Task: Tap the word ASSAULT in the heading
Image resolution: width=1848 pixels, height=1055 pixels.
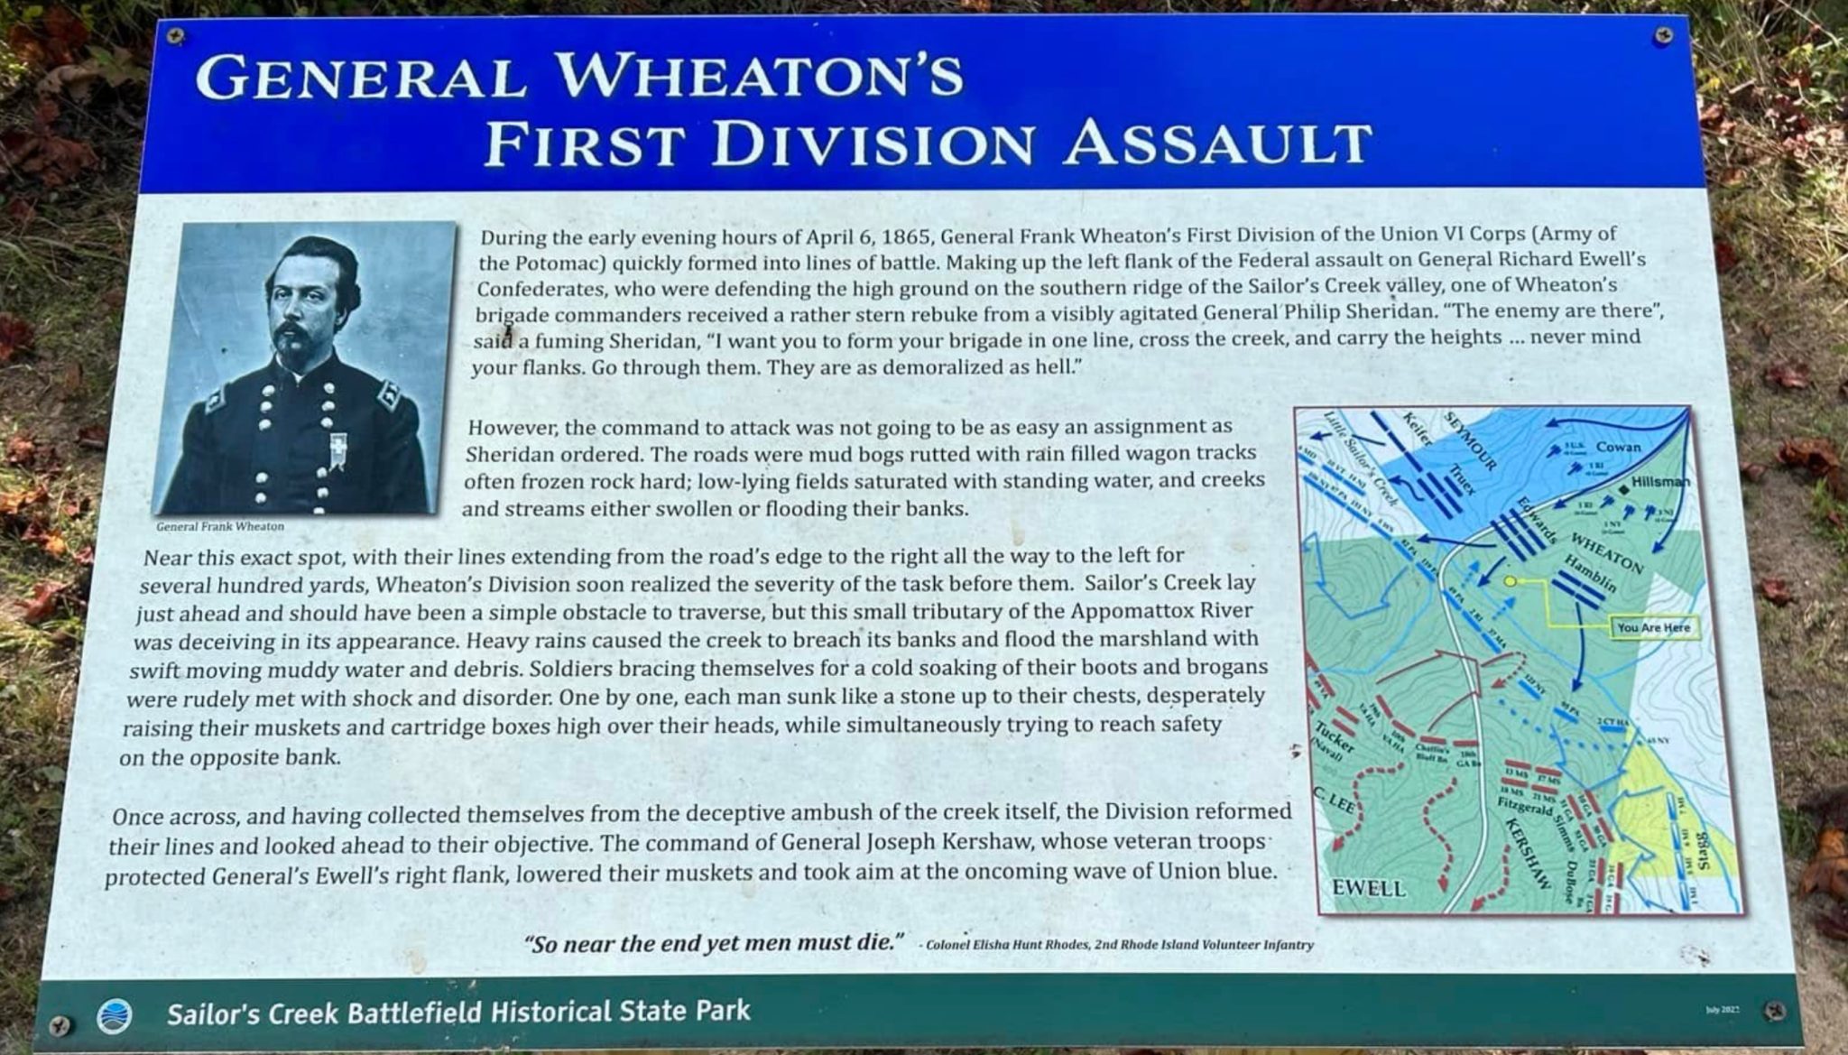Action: pyautogui.click(x=1217, y=144)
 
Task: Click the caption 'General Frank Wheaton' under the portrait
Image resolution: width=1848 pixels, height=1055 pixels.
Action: pyautogui.click(x=220, y=526)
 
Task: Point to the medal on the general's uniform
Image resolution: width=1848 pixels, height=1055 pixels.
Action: pyautogui.click(x=339, y=452)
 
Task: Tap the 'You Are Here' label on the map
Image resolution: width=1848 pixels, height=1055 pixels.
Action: pyautogui.click(x=1653, y=627)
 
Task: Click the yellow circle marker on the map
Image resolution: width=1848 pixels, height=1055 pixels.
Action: pyautogui.click(x=1510, y=581)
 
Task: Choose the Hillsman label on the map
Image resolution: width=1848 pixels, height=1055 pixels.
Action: pyautogui.click(x=1660, y=482)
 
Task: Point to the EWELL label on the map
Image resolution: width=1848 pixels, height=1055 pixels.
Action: pyautogui.click(x=1369, y=888)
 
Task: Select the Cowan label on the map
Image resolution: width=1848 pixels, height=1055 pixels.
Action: pyautogui.click(x=1618, y=447)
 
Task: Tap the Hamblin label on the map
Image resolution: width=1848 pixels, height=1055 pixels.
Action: pyautogui.click(x=1590, y=573)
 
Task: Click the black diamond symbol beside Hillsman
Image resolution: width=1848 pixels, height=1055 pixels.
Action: pyautogui.click(x=1623, y=487)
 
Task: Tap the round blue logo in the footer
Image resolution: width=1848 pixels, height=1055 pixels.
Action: pyautogui.click(x=114, y=1016)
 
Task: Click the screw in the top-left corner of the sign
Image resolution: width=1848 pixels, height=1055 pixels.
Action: pyautogui.click(x=175, y=35)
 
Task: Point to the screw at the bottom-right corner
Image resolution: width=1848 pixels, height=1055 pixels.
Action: pyautogui.click(x=1775, y=1011)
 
